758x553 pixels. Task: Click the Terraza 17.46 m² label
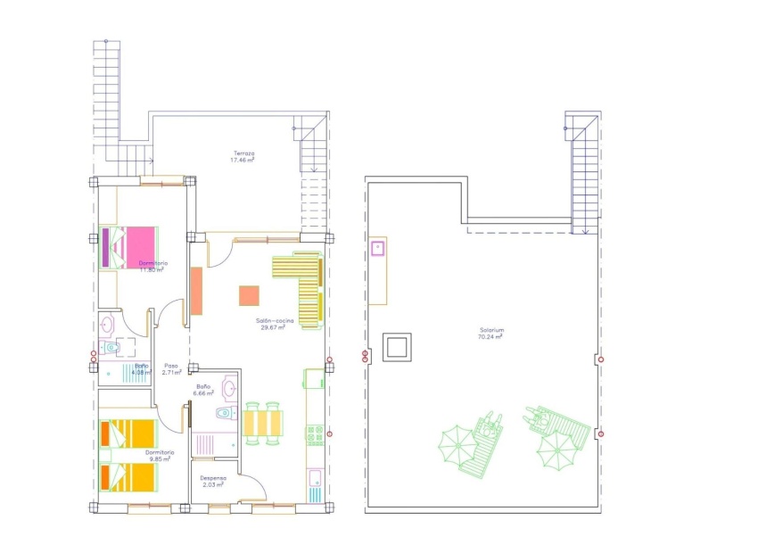(243, 157)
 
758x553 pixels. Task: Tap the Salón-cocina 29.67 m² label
(272, 325)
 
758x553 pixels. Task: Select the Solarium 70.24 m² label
(491, 334)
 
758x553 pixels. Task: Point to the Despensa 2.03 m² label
(214, 481)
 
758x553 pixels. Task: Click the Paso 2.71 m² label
(171, 369)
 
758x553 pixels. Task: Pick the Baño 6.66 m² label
(205, 390)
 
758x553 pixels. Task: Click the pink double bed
(130, 245)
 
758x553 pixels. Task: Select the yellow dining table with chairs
(263, 422)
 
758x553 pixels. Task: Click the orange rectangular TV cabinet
(196, 290)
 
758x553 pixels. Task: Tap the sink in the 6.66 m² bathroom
(229, 388)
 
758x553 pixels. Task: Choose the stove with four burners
(315, 434)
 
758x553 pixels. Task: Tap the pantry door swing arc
(254, 489)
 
